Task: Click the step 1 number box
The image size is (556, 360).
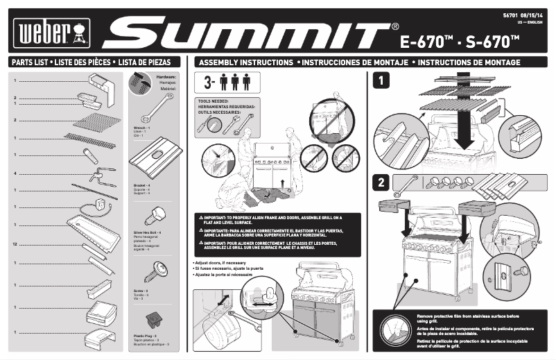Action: point(381,80)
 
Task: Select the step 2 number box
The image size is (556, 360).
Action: point(381,184)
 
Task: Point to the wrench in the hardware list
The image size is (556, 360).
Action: point(157,109)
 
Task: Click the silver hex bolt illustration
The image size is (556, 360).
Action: point(157,211)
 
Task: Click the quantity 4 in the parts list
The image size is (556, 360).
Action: point(15,173)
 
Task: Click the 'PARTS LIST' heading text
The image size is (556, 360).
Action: point(30,62)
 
